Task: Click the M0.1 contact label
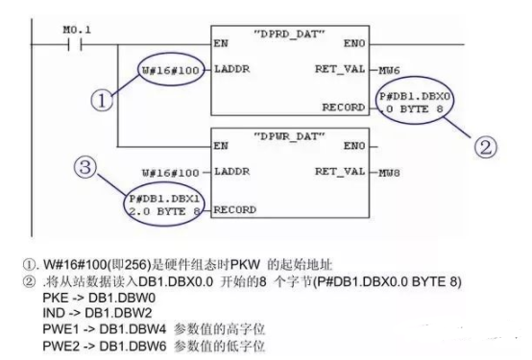[x=76, y=31]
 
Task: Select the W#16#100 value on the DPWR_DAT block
[x=171, y=173]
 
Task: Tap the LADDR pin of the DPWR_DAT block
[x=230, y=173]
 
